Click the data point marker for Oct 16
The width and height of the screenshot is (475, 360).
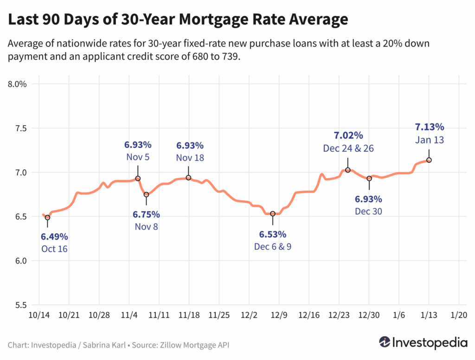[x=47, y=218]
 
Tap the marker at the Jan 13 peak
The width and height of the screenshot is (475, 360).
[x=429, y=160]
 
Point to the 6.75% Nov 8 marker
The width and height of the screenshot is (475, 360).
[x=146, y=194]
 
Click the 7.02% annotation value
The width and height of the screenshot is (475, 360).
[x=348, y=135]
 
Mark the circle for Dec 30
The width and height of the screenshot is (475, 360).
[x=369, y=179]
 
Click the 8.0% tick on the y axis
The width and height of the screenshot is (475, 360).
[x=18, y=84]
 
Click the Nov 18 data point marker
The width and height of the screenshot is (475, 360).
[x=188, y=178]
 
